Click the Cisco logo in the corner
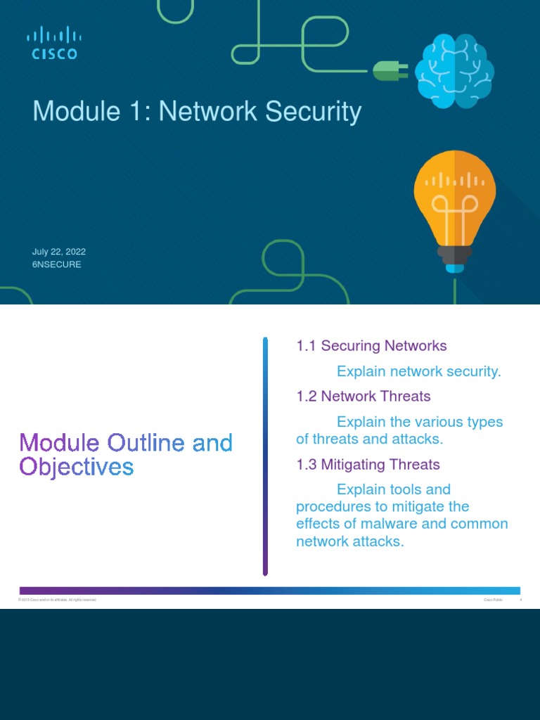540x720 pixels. tap(53, 43)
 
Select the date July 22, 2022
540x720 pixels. tap(59, 252)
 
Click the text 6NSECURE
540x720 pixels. tap(57, 264)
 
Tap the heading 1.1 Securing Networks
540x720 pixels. tap(371, 346)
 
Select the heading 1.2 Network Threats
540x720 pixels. tap(363, 397)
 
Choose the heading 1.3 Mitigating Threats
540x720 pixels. tap(368, 465)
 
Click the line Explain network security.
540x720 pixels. tap(419, 371)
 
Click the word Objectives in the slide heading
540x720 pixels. tap(76, 466)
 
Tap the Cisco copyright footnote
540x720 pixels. tap(58, 600)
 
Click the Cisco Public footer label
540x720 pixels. tap(491, 600)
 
